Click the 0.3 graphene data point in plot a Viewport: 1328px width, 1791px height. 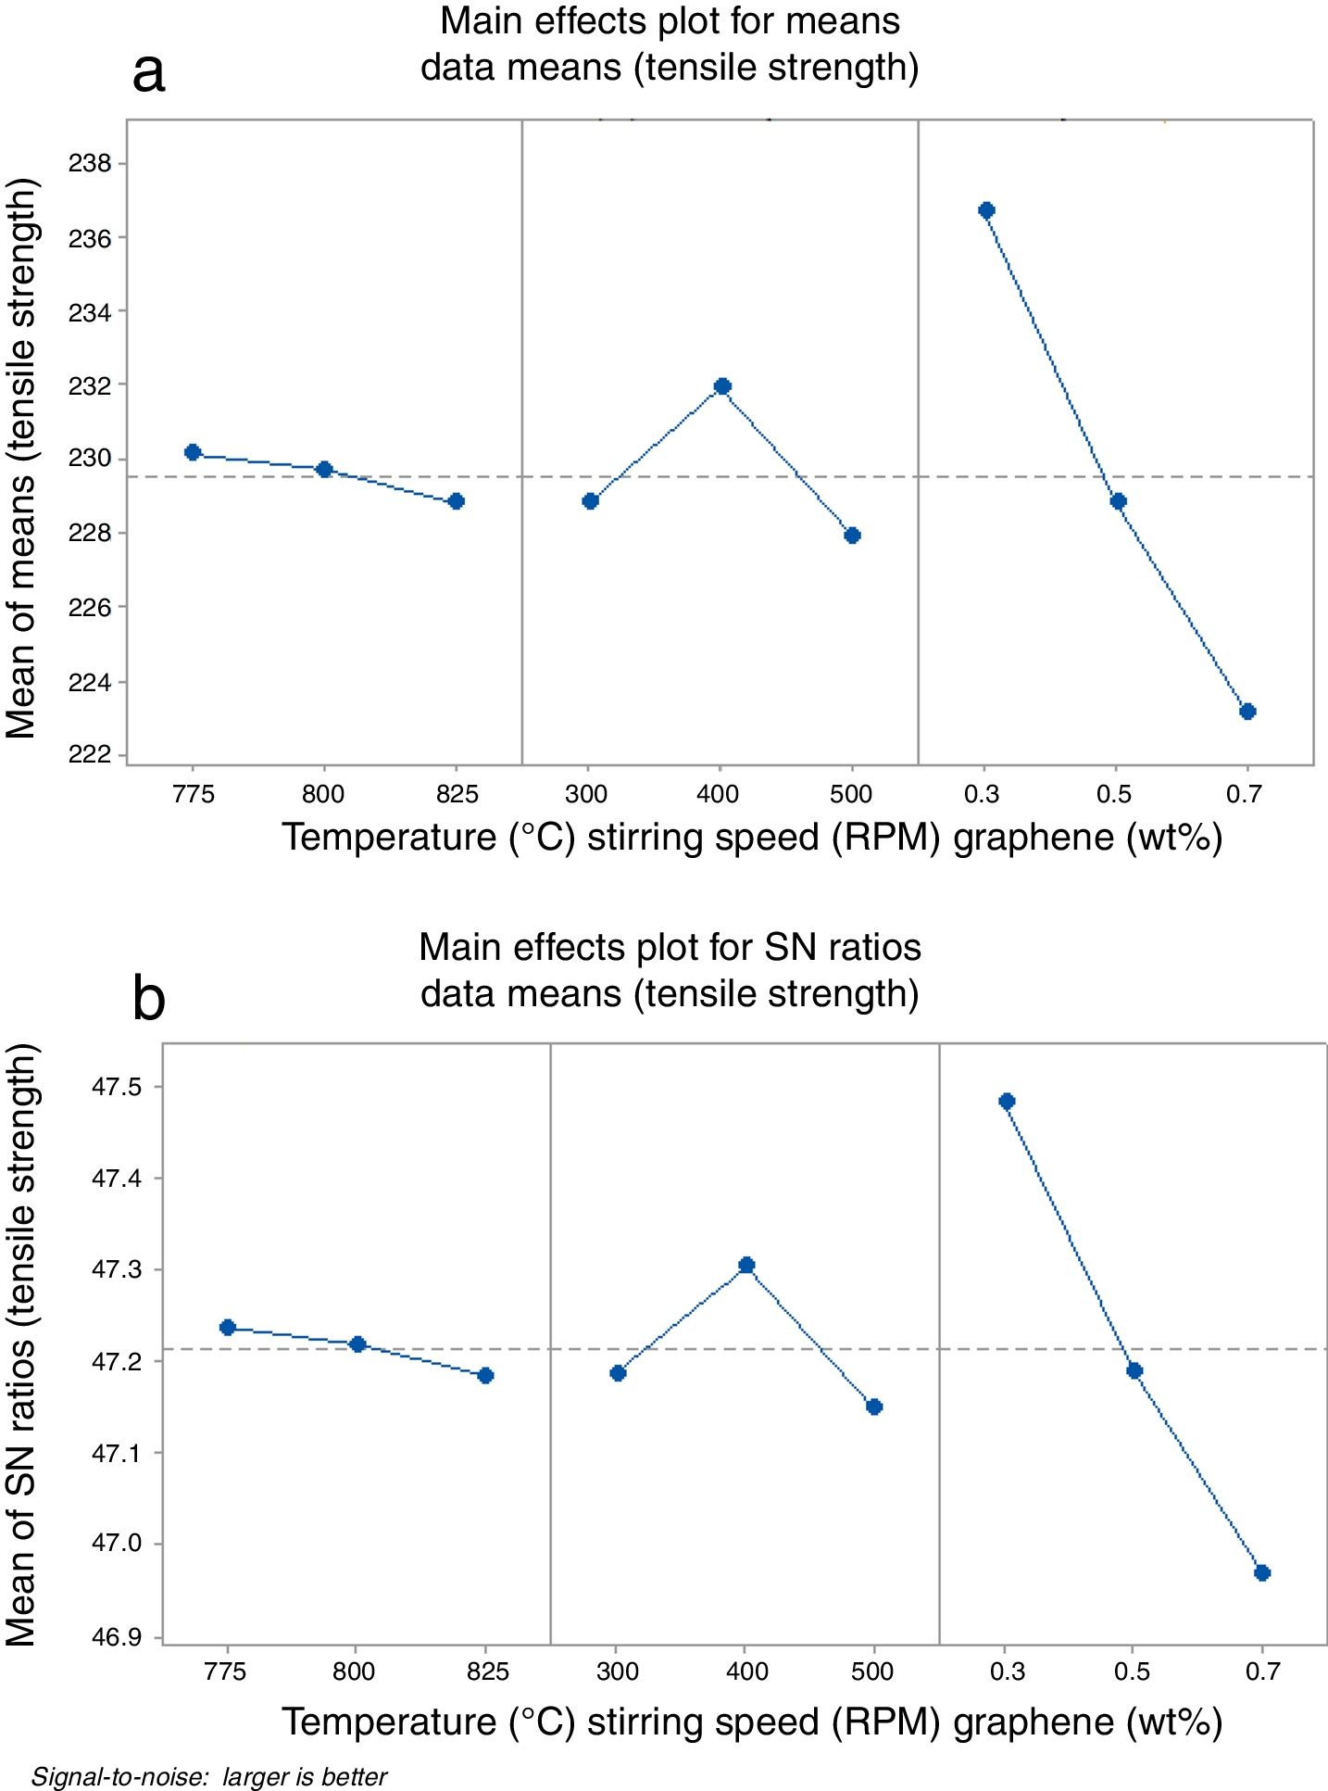pos(986,210)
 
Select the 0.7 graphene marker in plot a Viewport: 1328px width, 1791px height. pos(1247,712)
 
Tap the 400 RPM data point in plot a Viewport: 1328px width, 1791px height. pos(722,386)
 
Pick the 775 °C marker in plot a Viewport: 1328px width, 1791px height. pos(193,452)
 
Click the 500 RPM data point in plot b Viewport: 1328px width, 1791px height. pos(874,1406)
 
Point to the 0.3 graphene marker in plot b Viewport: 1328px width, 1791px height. pos(1008,1102)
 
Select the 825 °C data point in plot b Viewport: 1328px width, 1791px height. pos(485,1376)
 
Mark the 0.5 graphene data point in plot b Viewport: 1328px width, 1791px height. pos(1134,1371)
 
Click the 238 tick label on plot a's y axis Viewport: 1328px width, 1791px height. pos(89,164)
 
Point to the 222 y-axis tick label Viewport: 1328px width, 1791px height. pos(89,755)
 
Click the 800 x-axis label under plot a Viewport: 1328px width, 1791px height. pos(323,794)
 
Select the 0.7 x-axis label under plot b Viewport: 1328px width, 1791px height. pos(1262,1671)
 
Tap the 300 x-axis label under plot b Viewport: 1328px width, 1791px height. pos(618,1671)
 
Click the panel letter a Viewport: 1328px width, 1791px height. pos(149,72)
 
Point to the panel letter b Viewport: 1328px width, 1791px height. pos(149,999)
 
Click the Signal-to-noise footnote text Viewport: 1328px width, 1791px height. pos(209,1777)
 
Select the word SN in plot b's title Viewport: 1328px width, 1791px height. pos(786,948)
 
